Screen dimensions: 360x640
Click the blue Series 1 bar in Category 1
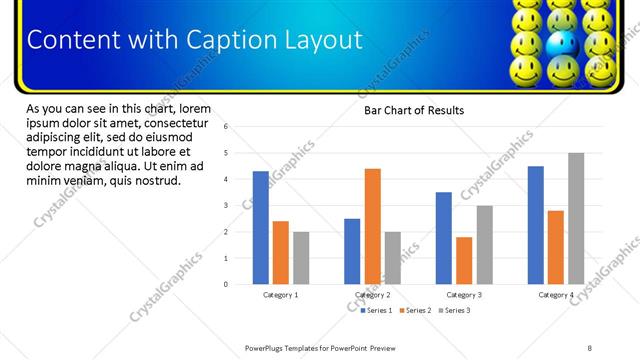coord(260,228)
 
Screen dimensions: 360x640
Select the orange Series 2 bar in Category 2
coord(372,226)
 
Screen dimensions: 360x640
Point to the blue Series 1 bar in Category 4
coord(535,225)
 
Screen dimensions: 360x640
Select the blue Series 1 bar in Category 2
coord(352,251)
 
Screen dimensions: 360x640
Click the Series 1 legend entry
coord(376,311)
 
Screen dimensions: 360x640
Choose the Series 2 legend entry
coord(415,311)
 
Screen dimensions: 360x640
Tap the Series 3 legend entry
coord(454,311)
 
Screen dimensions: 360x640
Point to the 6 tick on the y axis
coord(227,127)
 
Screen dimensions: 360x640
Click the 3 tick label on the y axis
coord(227,206)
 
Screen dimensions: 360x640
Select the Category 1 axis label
coord(280,295)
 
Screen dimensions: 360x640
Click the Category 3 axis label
coord(464,295)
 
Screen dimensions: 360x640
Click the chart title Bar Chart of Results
coord(413,110)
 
